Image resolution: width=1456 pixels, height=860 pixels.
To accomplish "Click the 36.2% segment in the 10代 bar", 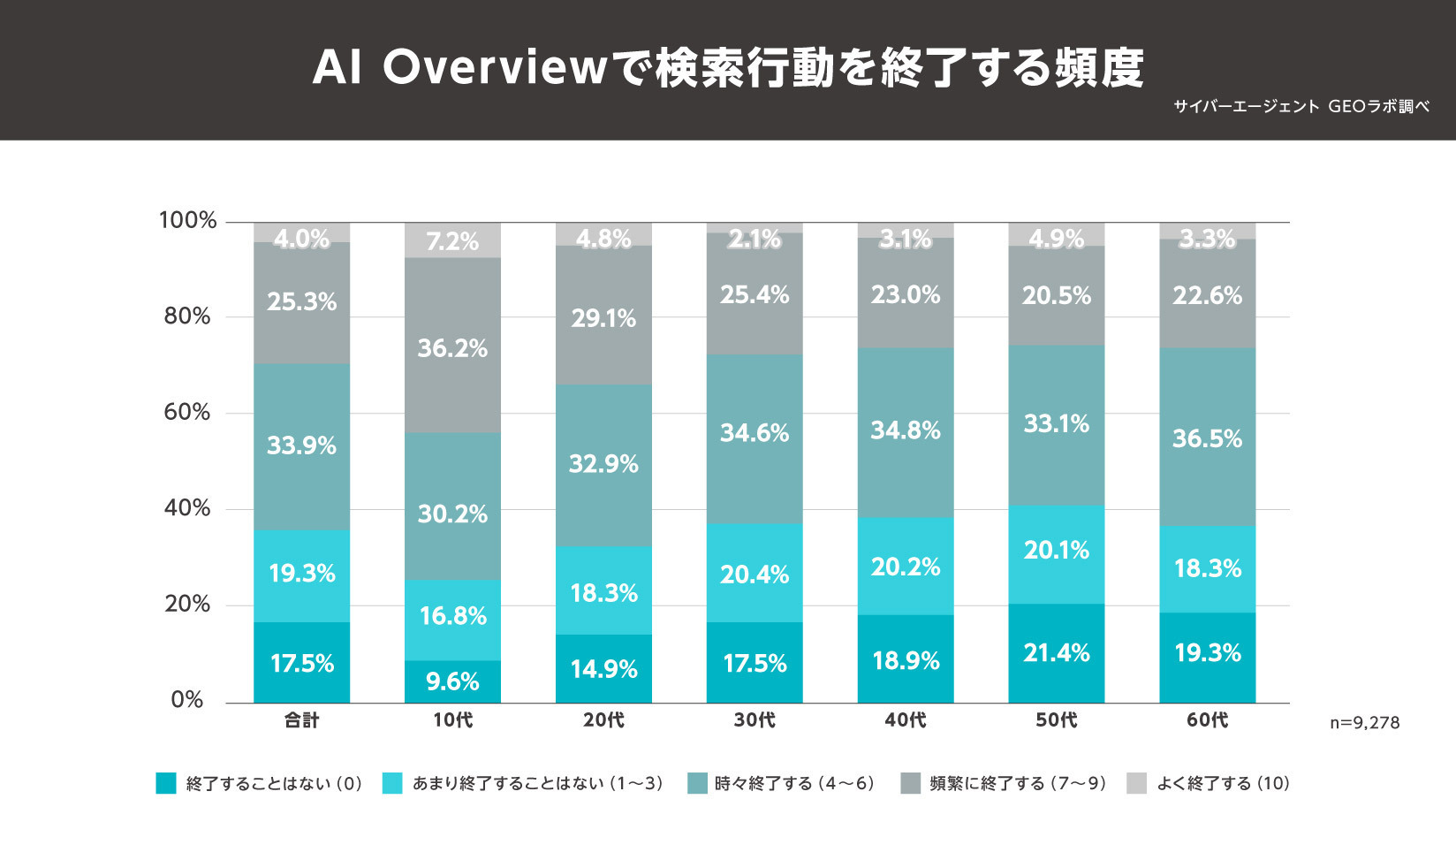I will pos(452,346).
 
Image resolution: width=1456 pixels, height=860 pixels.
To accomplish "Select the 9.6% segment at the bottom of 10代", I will pos(452,681).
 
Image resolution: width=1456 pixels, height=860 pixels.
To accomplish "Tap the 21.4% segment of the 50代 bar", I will pos(1056,653).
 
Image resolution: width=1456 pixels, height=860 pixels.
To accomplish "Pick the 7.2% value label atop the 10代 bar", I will pos(452,240).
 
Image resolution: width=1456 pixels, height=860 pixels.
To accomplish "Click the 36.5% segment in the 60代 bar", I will pos(1207,438).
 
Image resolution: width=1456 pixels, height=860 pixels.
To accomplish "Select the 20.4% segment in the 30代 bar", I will pos(755,574).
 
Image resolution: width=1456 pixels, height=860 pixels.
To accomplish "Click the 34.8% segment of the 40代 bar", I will pos(906,430).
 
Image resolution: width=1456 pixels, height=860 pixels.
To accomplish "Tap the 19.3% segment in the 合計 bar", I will pos(301,574).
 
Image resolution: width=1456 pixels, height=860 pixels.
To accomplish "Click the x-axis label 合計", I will pos(301,720).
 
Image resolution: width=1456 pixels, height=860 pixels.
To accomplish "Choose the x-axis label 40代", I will pos(906,720).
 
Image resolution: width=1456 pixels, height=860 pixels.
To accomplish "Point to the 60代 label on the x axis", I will pos(1207,720).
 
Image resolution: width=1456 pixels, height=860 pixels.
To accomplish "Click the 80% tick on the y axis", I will pos(187,316).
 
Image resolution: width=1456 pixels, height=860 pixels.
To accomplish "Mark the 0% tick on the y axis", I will pos(187,700).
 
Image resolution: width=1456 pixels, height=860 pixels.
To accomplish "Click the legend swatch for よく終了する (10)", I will pos(1137,783).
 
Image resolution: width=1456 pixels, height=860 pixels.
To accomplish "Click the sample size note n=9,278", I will pos(1365,723).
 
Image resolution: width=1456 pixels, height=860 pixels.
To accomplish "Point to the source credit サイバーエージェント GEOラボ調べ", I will pos(1301,107).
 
